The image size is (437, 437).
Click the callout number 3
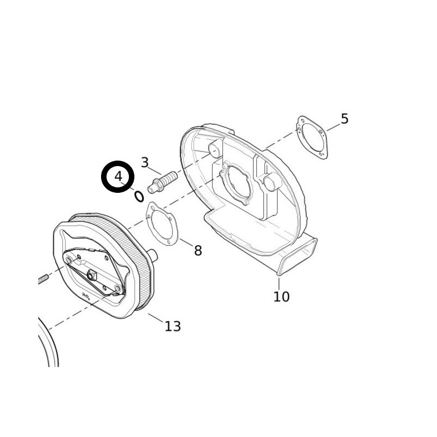click(x=145, y=162)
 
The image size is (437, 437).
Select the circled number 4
click(x=119, y=177)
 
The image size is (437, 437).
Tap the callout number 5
click(x=344, y=119)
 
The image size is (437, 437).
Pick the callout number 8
click(x=198, y=251)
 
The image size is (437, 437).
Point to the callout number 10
click(x=281, y=297)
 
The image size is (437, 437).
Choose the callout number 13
click(x=172, y=326)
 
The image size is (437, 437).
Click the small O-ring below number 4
click(x=139, y=196)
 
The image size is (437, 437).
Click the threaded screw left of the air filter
click(x=44, y=279)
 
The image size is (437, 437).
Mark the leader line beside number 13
click(x=155, y=318)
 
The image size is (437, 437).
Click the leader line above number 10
click(x=279, y=283)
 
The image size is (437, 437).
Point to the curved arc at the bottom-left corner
click(x=50, y=344)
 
